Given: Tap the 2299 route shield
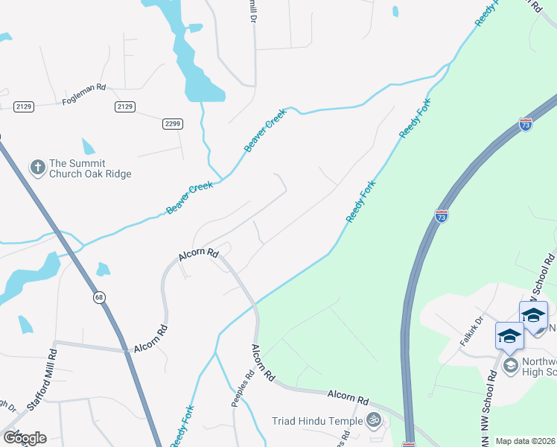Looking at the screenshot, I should click(x=173, y=124).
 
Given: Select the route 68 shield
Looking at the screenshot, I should click(x=98, y=298).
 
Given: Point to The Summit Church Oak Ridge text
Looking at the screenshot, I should click(x=89, y=168).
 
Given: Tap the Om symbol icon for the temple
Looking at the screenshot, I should click(x=374, y=421).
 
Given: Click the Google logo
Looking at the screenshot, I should click(x=24, y=438).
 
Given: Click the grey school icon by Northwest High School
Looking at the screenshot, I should click(x=511, y=364).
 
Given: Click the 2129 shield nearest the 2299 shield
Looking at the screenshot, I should click(x=125, y=107).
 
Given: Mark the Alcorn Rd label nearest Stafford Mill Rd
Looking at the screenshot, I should click(x=151, y=339).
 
